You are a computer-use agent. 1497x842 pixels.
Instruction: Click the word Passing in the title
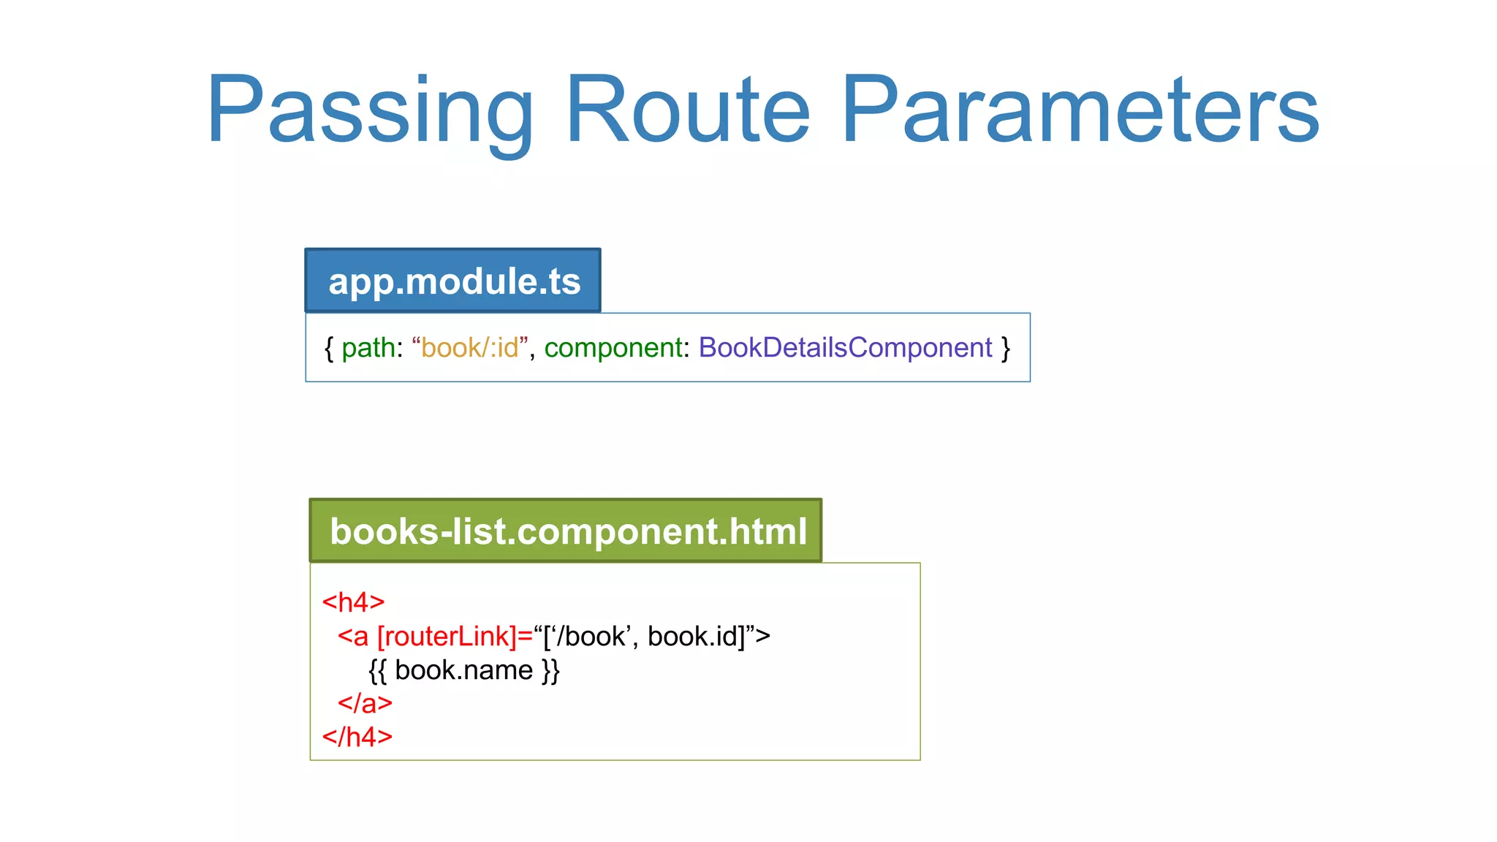pyautogui.click(x=369, y=110)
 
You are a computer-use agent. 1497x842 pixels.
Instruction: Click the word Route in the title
pyautogui.click(x=687, y=110)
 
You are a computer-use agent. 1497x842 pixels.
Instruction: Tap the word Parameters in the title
pyautogui.click(x=1080, y=110)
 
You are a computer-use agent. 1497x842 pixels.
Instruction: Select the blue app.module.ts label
pyautogui.click(x=453, y=281)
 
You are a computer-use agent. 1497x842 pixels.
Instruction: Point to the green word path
pyautogui.click(x=368, y=348)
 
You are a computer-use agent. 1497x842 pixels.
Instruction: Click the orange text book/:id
pyautogui.click(x=469, y=348)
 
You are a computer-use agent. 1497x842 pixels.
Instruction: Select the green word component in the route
pyautogui.click(x=613, y=348)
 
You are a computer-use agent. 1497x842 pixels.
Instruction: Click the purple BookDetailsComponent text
pyautogui.click(x=845, y=348)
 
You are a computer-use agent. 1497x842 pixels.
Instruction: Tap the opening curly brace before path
pyautogui.click(x=329, y=348)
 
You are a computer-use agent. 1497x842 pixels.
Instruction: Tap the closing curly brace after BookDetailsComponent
pyautogui.click(x=1006, y=348)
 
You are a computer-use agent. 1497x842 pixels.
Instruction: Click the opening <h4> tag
pyautogui.click(x=353, y=602)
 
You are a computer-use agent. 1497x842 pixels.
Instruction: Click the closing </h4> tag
pyautogui.click(x=357, y=737)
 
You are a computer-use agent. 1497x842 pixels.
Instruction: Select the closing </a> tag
pyautogui.click(x=365, y=703)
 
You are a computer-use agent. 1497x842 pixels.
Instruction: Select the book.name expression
pyautogui.click(x=463, y=670)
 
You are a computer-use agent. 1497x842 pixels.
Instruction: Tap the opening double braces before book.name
pyautogui.click(x=377, y=670)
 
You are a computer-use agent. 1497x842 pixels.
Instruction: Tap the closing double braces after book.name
pyautogui.click(x=550, y=670)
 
